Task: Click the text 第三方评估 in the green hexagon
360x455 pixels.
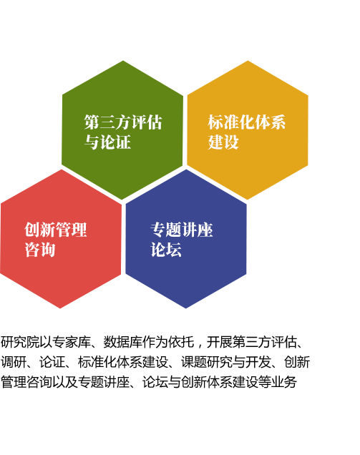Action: pos(123,122)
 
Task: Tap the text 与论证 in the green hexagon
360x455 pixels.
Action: pos(107,142)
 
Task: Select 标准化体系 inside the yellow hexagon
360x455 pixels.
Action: pos(246,122)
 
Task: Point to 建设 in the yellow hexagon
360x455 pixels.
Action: pos(223,142)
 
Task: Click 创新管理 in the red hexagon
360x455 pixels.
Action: pos(55,230)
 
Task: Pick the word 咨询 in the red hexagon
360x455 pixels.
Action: pos(40,250)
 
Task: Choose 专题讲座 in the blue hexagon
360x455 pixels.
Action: pos(182,230)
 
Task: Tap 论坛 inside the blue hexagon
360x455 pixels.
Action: pos(166,250)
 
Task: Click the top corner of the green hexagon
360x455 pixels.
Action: pos(123,61)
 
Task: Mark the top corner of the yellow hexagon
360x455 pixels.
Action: pos(248,61)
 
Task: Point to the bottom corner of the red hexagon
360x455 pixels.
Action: pos(60,308)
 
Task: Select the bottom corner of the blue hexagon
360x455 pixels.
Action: pos(186,308)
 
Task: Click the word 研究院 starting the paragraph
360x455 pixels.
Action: pos(20,342)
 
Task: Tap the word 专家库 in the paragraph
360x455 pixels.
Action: pos(72,342)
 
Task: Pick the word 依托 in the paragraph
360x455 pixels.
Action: pos(180,342)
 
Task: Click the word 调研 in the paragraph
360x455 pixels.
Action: pos(14,362)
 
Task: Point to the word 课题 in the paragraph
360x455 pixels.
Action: pos(194,362)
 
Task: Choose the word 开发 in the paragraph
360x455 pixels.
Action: pos(258,362)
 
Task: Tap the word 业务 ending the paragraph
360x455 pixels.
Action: pos(284,382)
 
